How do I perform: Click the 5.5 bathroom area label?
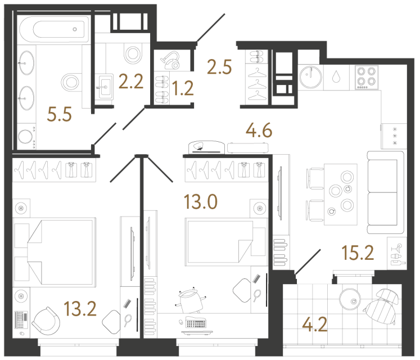point(59,115)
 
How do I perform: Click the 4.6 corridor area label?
point(259,133)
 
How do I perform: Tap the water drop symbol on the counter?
point(336,76)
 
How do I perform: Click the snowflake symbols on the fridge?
point(394,136)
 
